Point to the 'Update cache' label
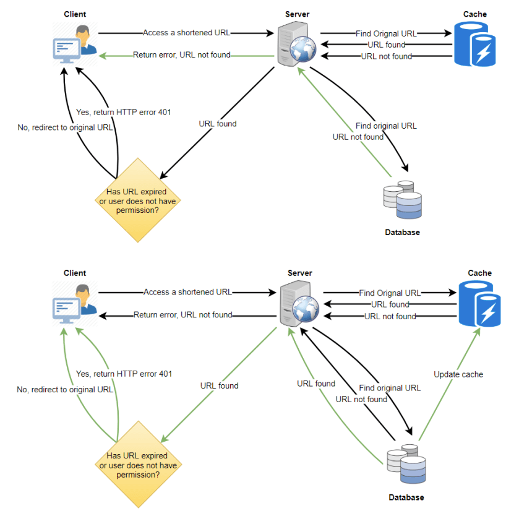tap(458, 374)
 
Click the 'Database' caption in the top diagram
tap(402, 233)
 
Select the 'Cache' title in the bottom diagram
tap(479, 273)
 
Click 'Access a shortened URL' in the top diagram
tap(186, 33)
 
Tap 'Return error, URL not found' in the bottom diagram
tap(183, 315)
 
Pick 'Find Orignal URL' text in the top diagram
tap(386, 33)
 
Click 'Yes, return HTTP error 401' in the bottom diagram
tap(124, 374)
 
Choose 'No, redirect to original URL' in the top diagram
tap(66, 127)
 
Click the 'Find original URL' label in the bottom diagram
tap(390, 388)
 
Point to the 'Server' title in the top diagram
tap(298, 14)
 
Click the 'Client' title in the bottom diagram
tap(75, 273)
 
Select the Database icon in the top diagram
tap(402, 199)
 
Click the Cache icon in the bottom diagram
tap(479, 304)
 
